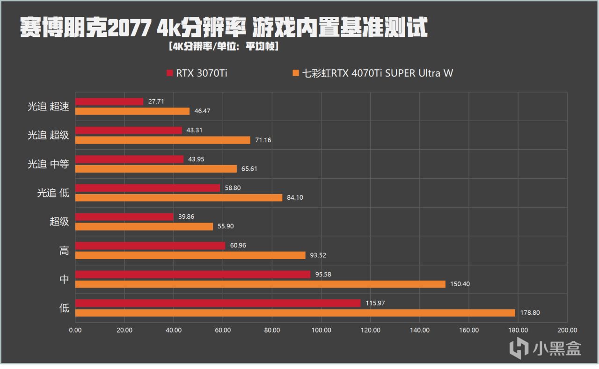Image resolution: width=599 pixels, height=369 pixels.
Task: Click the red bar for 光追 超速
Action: pos(109,101)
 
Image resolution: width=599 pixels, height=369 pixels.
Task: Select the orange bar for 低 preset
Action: pos(295,313)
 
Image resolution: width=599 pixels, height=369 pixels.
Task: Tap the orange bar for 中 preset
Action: pos(260,284)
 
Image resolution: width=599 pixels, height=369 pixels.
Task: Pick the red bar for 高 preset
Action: pos(150,246)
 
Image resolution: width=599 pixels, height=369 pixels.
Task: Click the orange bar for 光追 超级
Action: pos(162,140)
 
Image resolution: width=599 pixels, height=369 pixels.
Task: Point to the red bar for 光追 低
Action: pos(147,188)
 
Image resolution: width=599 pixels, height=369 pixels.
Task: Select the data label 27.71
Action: pos(156,101)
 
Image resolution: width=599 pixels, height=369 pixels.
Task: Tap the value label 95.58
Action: pos(323,275)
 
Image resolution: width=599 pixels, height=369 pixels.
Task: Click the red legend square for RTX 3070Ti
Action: pos(169,73)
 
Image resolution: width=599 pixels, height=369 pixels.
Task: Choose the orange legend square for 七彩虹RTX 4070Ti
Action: pos(295,73)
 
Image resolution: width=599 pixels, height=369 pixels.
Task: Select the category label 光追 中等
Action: pos(48,164)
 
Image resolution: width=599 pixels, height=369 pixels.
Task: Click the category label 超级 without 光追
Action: pos(59,222)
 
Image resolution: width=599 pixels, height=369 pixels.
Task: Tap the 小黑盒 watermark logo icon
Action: pos(519,347)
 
